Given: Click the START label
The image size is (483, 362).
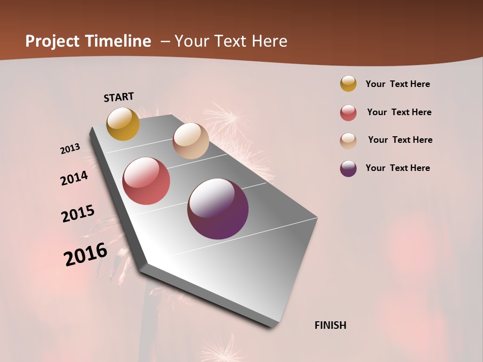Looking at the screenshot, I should point(119,97).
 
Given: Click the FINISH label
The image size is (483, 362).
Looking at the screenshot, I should point(331,325).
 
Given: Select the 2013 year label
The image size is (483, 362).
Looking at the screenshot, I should point(70,149).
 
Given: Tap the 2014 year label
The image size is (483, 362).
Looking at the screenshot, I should point(74,178).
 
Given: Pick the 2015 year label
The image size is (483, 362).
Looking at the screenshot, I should point(78,214).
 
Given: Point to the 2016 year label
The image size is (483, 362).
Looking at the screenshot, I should point(86,254).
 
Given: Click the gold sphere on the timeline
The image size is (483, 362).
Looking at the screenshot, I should point(123,124).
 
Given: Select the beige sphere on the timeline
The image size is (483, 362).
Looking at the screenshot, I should point(191,141).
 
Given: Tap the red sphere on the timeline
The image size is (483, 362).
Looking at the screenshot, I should point(146,181).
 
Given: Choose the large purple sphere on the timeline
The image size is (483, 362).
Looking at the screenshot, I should point(218,209).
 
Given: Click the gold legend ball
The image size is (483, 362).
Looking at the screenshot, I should point(348,83).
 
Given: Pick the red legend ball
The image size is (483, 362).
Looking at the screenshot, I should point(348,113).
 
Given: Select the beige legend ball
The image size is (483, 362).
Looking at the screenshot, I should point(348,141).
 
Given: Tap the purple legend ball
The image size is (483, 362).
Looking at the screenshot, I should point(348,168).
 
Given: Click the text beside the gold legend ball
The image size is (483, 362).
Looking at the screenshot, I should point(397,84).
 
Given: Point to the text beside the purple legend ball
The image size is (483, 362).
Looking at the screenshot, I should point(397,168).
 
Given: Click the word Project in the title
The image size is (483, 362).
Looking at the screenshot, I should point(52,41).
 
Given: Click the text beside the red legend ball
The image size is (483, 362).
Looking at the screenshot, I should point(399,112).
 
